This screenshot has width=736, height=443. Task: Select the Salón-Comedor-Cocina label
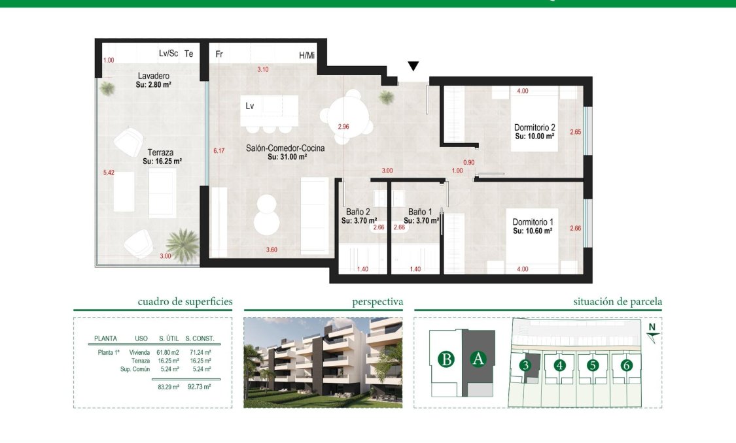(x=285, y=148)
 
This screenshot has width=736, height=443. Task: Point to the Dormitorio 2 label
(x=534, y=127)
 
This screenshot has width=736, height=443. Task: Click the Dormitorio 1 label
(x=533, y=222)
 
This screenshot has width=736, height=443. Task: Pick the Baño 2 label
(x=358, y=212)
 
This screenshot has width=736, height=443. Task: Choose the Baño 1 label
(x=421, y=212)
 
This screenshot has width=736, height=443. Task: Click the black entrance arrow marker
(x=413, y=66)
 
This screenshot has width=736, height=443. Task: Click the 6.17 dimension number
(x=219, y=151)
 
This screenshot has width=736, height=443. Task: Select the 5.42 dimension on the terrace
(x=109, y=173)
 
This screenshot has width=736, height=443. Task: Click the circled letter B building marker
(x=447, y=359)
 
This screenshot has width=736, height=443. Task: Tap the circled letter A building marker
(x=478, y=359)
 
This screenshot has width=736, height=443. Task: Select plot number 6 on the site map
(x=626, y=365)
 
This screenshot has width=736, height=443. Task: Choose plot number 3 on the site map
(x=525, y=365)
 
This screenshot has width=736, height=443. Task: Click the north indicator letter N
(x=651, y=327)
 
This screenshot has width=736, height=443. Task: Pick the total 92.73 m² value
(x=198, y=387)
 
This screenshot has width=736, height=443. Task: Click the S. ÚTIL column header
(x=170, y=338)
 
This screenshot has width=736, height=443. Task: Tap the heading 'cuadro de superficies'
(x=185, y=302)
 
